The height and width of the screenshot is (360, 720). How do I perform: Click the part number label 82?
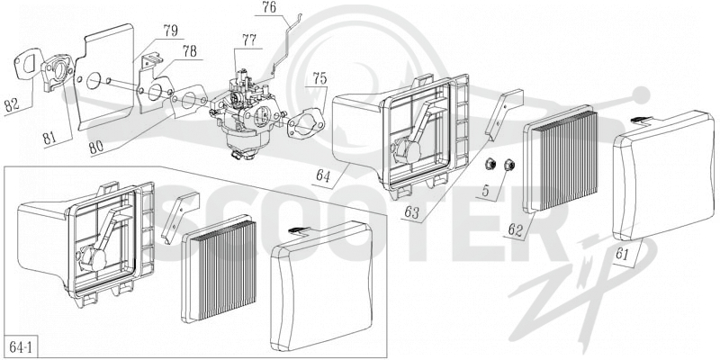[x=12, y=104]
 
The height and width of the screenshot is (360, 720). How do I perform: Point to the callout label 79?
[x=170, y=31]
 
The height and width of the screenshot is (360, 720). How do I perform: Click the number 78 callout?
[x=190, y=51]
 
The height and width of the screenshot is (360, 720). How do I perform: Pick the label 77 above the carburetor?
[x=249, y=40]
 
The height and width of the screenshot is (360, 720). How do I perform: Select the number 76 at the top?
[x=271, y=8]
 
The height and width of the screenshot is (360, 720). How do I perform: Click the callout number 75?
[x=319, y=78]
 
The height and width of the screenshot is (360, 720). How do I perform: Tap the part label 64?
[x=323, y=176]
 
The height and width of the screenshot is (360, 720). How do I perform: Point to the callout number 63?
[x=412, y=212]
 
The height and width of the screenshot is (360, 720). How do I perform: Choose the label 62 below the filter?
[x=515, y=229]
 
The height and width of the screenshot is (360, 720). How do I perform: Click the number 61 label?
[x=622, y=254]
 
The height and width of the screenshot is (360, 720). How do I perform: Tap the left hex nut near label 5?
[x=490, y=164]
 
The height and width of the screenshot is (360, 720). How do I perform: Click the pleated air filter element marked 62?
[x=560, y=160]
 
